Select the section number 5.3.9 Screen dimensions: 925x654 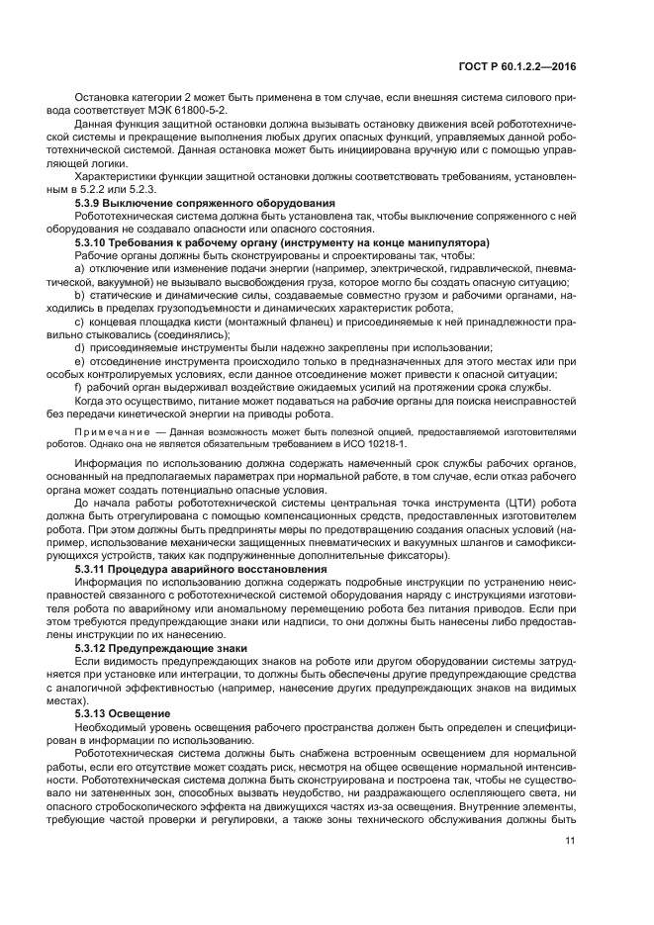[91, 203]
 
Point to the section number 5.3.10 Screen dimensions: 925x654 [94, 241]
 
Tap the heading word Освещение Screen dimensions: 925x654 [144, 712]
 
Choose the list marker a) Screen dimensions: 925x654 [80, 267]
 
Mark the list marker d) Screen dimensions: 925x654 [80, 347]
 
